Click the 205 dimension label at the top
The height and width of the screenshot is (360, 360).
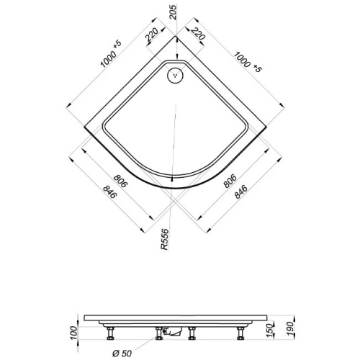pos(173,12)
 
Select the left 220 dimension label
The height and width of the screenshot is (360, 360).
pos(152,35)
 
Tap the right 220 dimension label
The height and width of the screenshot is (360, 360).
pos(198,34)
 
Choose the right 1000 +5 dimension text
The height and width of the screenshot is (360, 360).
pos(247,62)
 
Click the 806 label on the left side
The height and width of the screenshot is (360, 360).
pos(120,181)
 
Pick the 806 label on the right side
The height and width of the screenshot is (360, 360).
pos(230,181)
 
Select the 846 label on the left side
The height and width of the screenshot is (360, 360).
pos(109,192)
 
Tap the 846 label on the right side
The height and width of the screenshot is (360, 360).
pos(240,192)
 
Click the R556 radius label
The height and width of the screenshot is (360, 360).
pos(165,240)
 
